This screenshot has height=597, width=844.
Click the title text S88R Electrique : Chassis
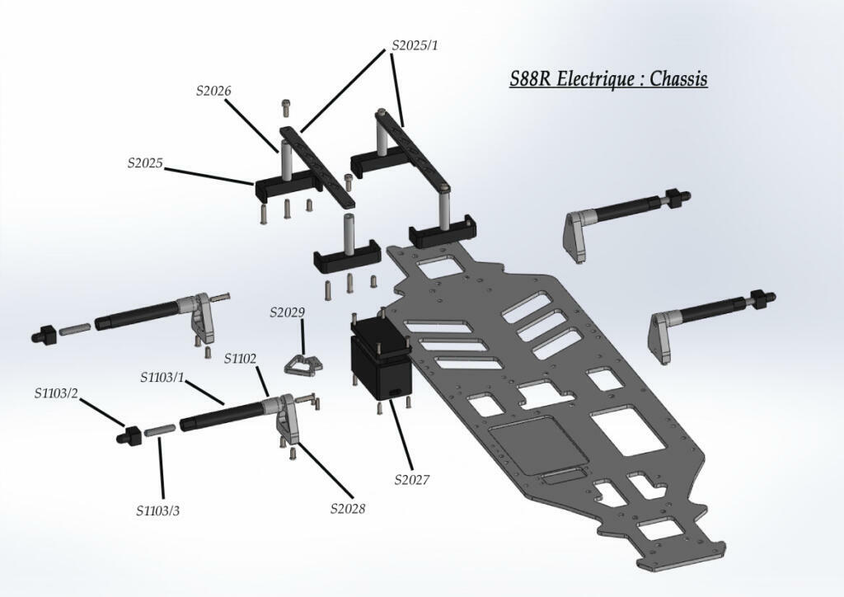click(608, 79)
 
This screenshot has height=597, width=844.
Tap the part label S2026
click(213, 92)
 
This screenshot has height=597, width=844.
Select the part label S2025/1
click(414, 45)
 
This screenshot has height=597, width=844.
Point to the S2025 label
click(144, 163)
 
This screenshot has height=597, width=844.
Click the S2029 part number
click(287, 313)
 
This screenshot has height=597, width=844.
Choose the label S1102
click(241, 359)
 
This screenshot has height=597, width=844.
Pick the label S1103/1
click(162, 378)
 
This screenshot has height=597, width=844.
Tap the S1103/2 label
click(56, 393)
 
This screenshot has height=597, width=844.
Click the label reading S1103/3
click(157, 510)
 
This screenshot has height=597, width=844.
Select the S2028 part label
click(348, 508)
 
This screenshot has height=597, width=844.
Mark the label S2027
click(412, 480)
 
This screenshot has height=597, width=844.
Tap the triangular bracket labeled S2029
click(300, 364)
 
